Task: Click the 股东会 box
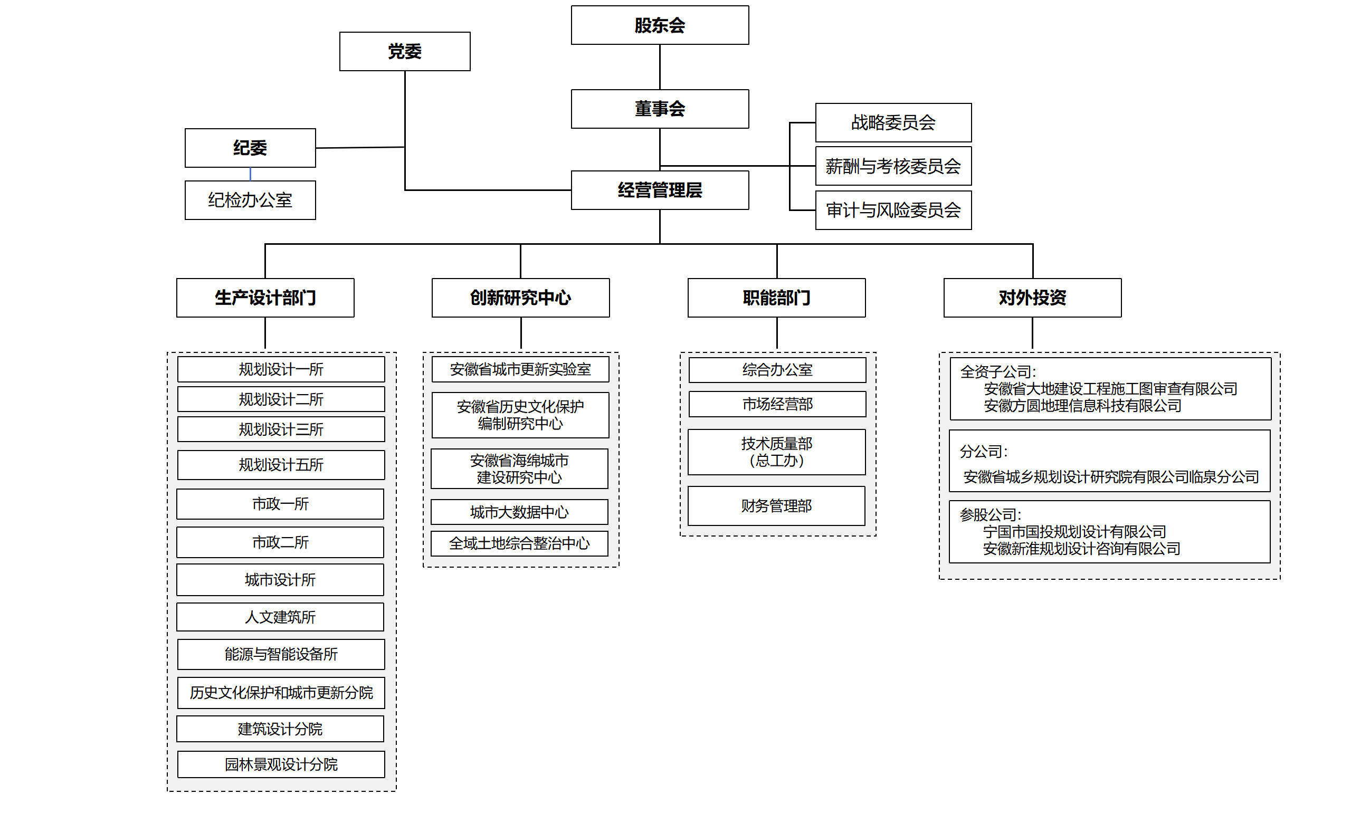pyautogui.click(x=660, y=25)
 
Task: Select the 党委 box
pyautogui.click(x=405, y=52)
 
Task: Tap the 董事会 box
pyautogui.click(x=660, y=109)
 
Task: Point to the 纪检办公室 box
pyautogui.click(x=250, y=200)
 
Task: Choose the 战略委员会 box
pyautogui.click(x=893, y=123)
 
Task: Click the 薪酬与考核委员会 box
pyautogui.click(x=893, y=166)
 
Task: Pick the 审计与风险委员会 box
pyautogui.click(x=893, y=210)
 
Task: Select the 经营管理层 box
pyautogui.click(x=660, y=190)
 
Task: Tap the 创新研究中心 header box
pyautogui.click(x=520, y=298)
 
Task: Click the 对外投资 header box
pyautogui.click(x=1032, y=298)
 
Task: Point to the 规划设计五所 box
pyautogui.click(x=281, y=465)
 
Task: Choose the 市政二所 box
pyautogui.click(x=280, y=542)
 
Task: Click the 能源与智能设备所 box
pyautogui.click(x=281, y=654)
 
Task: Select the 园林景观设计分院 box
pyautogui.click(x=281, y=764)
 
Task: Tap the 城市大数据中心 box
pyautogui.click(x=519, y=512)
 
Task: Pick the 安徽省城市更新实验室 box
pyautogui.click(x=520, y=369)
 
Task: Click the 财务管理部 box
pyautogui.click(x=776, y=506)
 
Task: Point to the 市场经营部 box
pyautogui.click(x=777, y=404)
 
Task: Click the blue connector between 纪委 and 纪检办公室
pyautogui.click(x=250, y=174)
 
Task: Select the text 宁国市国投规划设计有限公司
pyautogui.click(x=1074, y=531)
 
